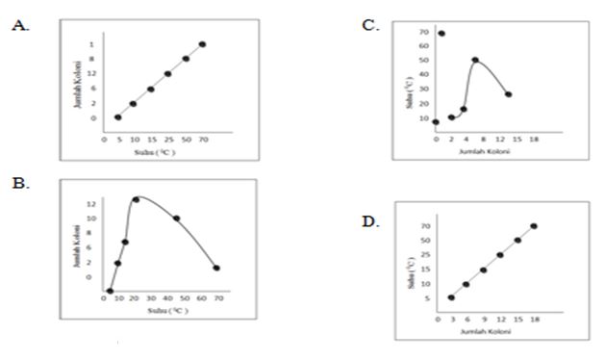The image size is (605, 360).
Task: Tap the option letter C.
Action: (369, 24)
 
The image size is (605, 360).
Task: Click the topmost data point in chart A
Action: (202, 44)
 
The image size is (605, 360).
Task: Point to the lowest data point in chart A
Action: (118, 117)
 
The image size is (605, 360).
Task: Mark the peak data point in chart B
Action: (136, 199)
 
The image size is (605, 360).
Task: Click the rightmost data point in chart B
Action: (216, 269)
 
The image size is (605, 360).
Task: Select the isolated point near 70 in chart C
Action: (441, 34)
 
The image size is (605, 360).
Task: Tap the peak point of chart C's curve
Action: (475, 60)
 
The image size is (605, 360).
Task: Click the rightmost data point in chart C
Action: (508, 94)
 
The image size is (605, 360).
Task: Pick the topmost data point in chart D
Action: (534, 226)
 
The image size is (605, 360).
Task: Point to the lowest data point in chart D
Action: (451, 297)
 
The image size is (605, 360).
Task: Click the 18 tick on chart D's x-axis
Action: (534, 319)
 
